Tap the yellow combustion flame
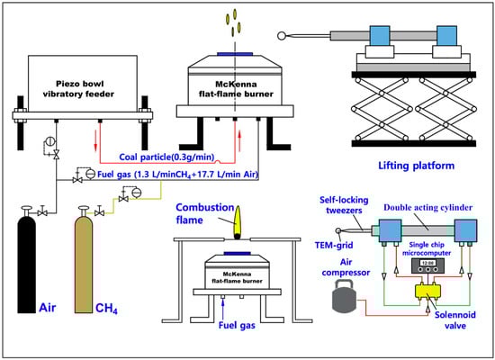[237, 222]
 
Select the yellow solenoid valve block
[427, 291]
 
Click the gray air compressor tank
[345, 295]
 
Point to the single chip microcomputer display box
[427, 265]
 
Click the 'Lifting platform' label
[417, 166]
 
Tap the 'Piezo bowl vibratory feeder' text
[78, 89]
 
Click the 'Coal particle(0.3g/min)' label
[166, 157]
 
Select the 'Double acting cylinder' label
[427, 208]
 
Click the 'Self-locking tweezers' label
[344, 205]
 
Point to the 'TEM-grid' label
[334, 245]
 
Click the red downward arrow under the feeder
[95, 141]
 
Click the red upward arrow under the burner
[239, 140]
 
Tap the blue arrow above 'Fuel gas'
[223, 309]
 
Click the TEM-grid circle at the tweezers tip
[338, 230]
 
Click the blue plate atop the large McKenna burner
[235, 54]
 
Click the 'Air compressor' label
[346, 267]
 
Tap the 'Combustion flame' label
[205, 213]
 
